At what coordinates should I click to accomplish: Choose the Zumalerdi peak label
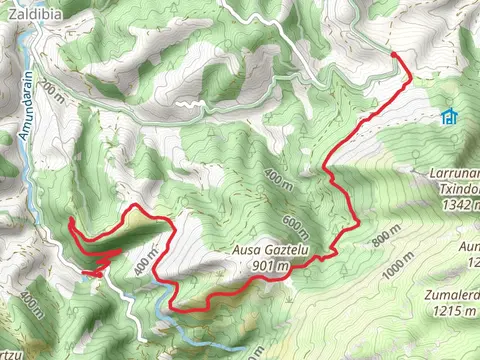450,296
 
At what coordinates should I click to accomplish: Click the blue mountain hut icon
449,117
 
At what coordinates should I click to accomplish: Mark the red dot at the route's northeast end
393,54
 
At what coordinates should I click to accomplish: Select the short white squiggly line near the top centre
188,103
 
